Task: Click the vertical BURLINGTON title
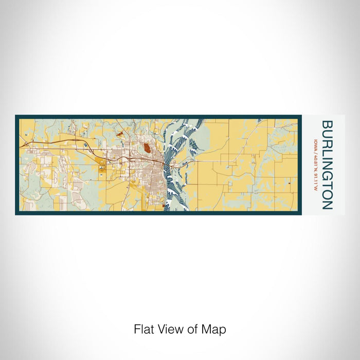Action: tap(327, 165)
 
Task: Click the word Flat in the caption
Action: tap(143, 329)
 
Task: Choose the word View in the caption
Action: tap(168, 329)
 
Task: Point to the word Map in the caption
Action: tap(216, 329)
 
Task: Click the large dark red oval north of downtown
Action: tap(147, 150)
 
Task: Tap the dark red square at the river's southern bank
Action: tap(164, 206)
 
